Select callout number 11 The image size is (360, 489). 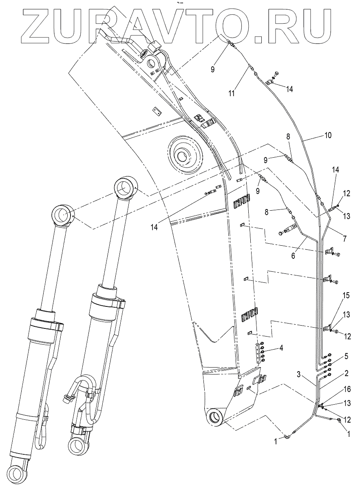pyautogui.click(x=231, y=93)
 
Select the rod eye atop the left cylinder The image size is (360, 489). pyautogui.click(x=63, y=216)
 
